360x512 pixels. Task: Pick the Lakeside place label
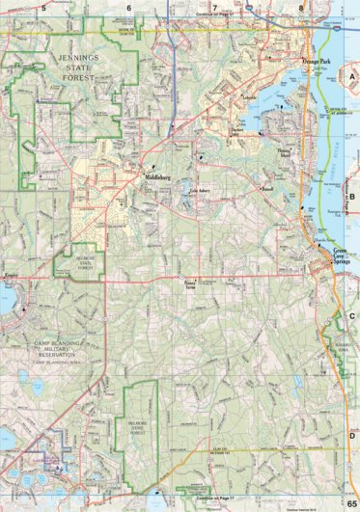click(x=222, y=97)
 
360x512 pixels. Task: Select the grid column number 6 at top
click(x=128, y=7)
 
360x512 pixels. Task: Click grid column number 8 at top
click(x=300, y=7)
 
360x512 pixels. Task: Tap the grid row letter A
click(x=352, y=75)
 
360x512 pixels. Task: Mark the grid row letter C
click(x=352, y=316)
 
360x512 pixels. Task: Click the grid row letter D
click(x=352, y=437)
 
